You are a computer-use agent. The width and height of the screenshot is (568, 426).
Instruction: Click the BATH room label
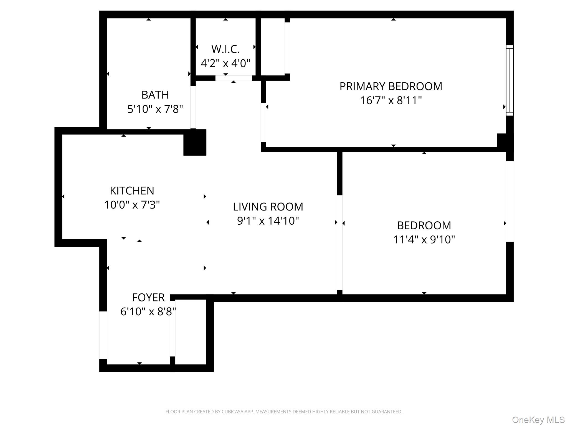155,95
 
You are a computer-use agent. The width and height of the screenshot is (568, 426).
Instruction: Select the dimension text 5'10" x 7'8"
155,109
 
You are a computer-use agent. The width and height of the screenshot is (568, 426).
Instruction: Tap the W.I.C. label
225,49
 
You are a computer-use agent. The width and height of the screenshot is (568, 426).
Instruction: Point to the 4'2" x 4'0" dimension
225,64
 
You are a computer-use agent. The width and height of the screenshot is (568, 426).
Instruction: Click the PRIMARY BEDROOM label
390,86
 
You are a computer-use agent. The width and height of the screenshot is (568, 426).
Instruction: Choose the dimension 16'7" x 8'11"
390,100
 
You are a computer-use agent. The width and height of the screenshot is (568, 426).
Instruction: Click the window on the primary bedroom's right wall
509,80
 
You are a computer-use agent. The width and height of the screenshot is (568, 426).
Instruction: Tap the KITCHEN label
132,191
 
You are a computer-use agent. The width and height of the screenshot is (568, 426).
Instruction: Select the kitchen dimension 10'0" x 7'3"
132,205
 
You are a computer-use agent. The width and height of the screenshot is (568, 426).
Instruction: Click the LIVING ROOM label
268,207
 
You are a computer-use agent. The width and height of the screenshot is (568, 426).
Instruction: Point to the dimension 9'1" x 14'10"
268,221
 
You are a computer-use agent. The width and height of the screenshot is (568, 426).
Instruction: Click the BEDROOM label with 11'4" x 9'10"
424,225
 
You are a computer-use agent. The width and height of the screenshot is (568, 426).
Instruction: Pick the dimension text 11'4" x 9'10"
424,240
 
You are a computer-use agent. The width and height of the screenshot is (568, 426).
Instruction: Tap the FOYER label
148,298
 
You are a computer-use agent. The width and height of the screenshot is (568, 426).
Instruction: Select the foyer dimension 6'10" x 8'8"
148,312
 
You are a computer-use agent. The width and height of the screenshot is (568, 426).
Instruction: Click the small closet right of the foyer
191,332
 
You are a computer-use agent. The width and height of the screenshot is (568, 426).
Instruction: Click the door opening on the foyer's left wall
103,335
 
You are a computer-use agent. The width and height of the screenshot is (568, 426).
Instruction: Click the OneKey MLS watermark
538,420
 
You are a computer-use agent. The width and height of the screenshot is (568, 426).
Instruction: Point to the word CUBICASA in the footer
232,412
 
